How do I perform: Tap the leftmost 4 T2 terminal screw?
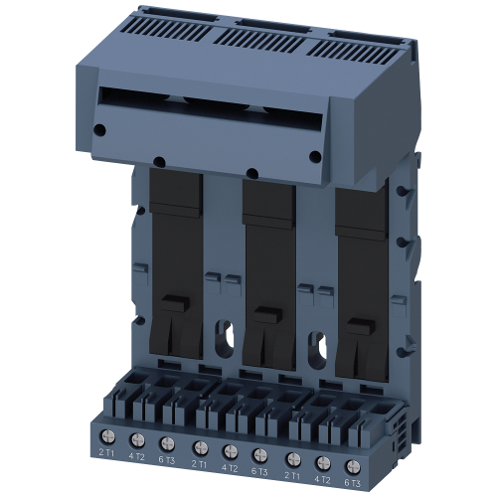click(138, 438)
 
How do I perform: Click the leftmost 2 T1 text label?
click(106, 453)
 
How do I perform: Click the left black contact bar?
click(175, 268)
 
